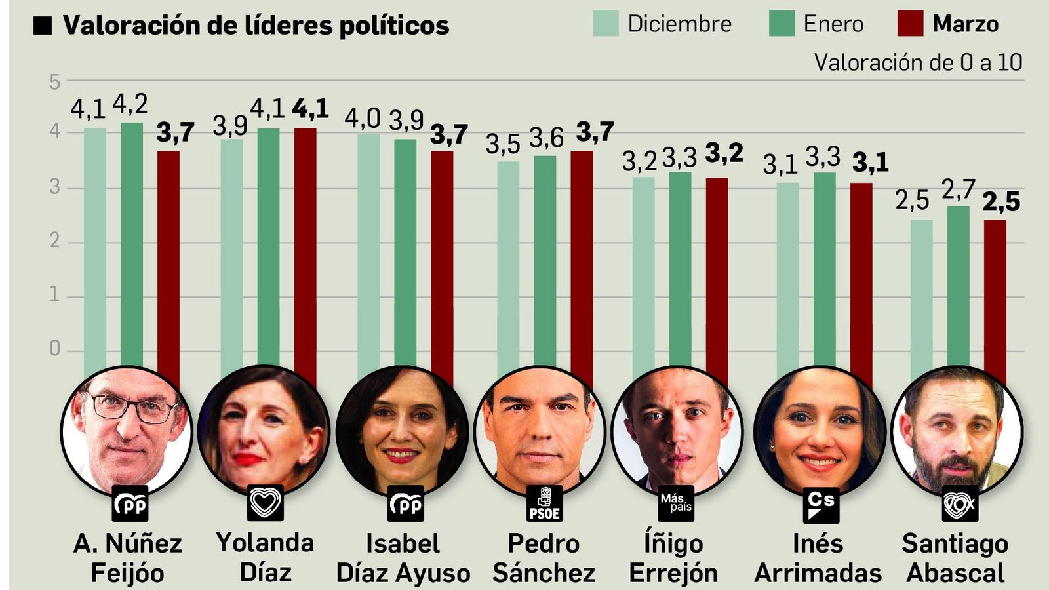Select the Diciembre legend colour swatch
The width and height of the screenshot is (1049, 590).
pos(605,24)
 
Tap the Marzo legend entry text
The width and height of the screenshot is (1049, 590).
pos(965,24)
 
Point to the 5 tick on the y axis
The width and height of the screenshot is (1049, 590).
pos(54,83)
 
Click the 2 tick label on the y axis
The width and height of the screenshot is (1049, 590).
pos(54,241)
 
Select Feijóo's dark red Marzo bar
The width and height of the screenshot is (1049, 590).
pos(168,262)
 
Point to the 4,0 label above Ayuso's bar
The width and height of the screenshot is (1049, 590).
pos(363,119)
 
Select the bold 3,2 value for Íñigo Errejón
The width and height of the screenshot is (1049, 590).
pos(724,153)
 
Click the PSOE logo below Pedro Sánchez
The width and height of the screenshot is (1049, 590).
pos(544,503)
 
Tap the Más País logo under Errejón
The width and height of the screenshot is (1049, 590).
pos(675,503)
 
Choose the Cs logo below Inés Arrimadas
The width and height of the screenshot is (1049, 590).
pos(821,503)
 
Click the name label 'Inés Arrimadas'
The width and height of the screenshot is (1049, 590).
pos(818,558)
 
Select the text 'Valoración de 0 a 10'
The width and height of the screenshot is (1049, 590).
pos(918,63)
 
